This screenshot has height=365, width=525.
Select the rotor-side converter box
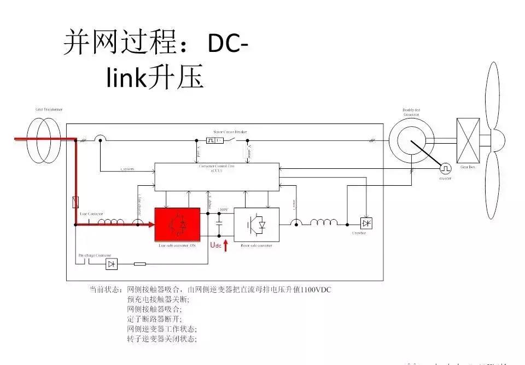[256, 225]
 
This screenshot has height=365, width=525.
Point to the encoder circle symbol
[446, 167]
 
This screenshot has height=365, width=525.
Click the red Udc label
[216, 245]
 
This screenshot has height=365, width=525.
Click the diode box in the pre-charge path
[112, 264]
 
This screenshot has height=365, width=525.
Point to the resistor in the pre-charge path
[139, 264]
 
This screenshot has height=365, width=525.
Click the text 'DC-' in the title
[225, 45]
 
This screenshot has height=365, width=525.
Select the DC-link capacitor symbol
[219, 224]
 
